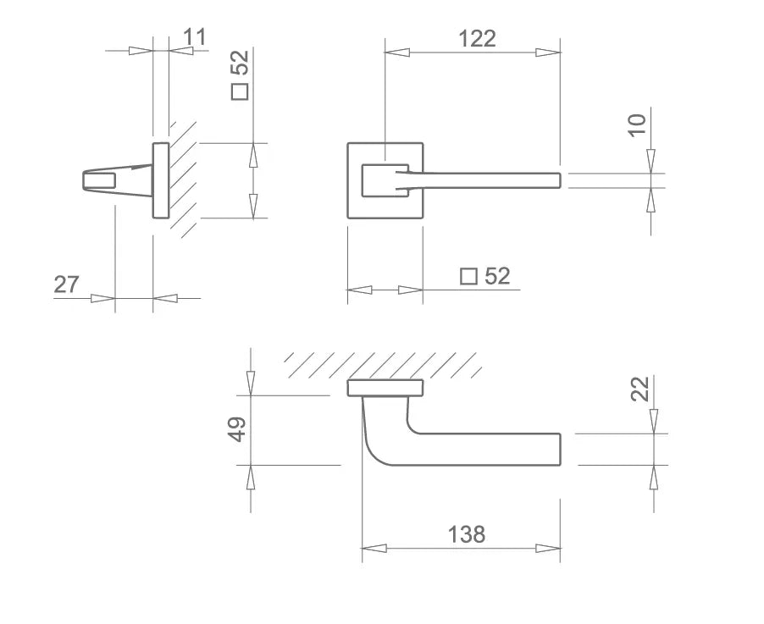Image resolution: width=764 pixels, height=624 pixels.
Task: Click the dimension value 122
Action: click(x=477, y=38)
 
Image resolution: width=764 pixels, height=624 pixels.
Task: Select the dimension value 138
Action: click(x=467, y=534)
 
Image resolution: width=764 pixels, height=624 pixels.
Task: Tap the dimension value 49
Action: click(x=238, y=429)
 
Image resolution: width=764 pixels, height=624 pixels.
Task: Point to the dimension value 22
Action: click(x=640, y=389)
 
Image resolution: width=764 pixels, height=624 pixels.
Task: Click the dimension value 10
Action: click(x=636, y=125)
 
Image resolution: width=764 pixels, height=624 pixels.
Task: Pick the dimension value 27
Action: click(x=66, y=284)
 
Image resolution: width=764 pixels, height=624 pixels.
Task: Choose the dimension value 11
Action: click(x=195, y=37)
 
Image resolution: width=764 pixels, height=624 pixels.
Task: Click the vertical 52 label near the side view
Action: click(x=240, y=63)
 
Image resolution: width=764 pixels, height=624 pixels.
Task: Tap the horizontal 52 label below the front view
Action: click(x=497, y=276)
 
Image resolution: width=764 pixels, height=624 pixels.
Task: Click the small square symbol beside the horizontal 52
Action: click(x=468, y=277)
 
